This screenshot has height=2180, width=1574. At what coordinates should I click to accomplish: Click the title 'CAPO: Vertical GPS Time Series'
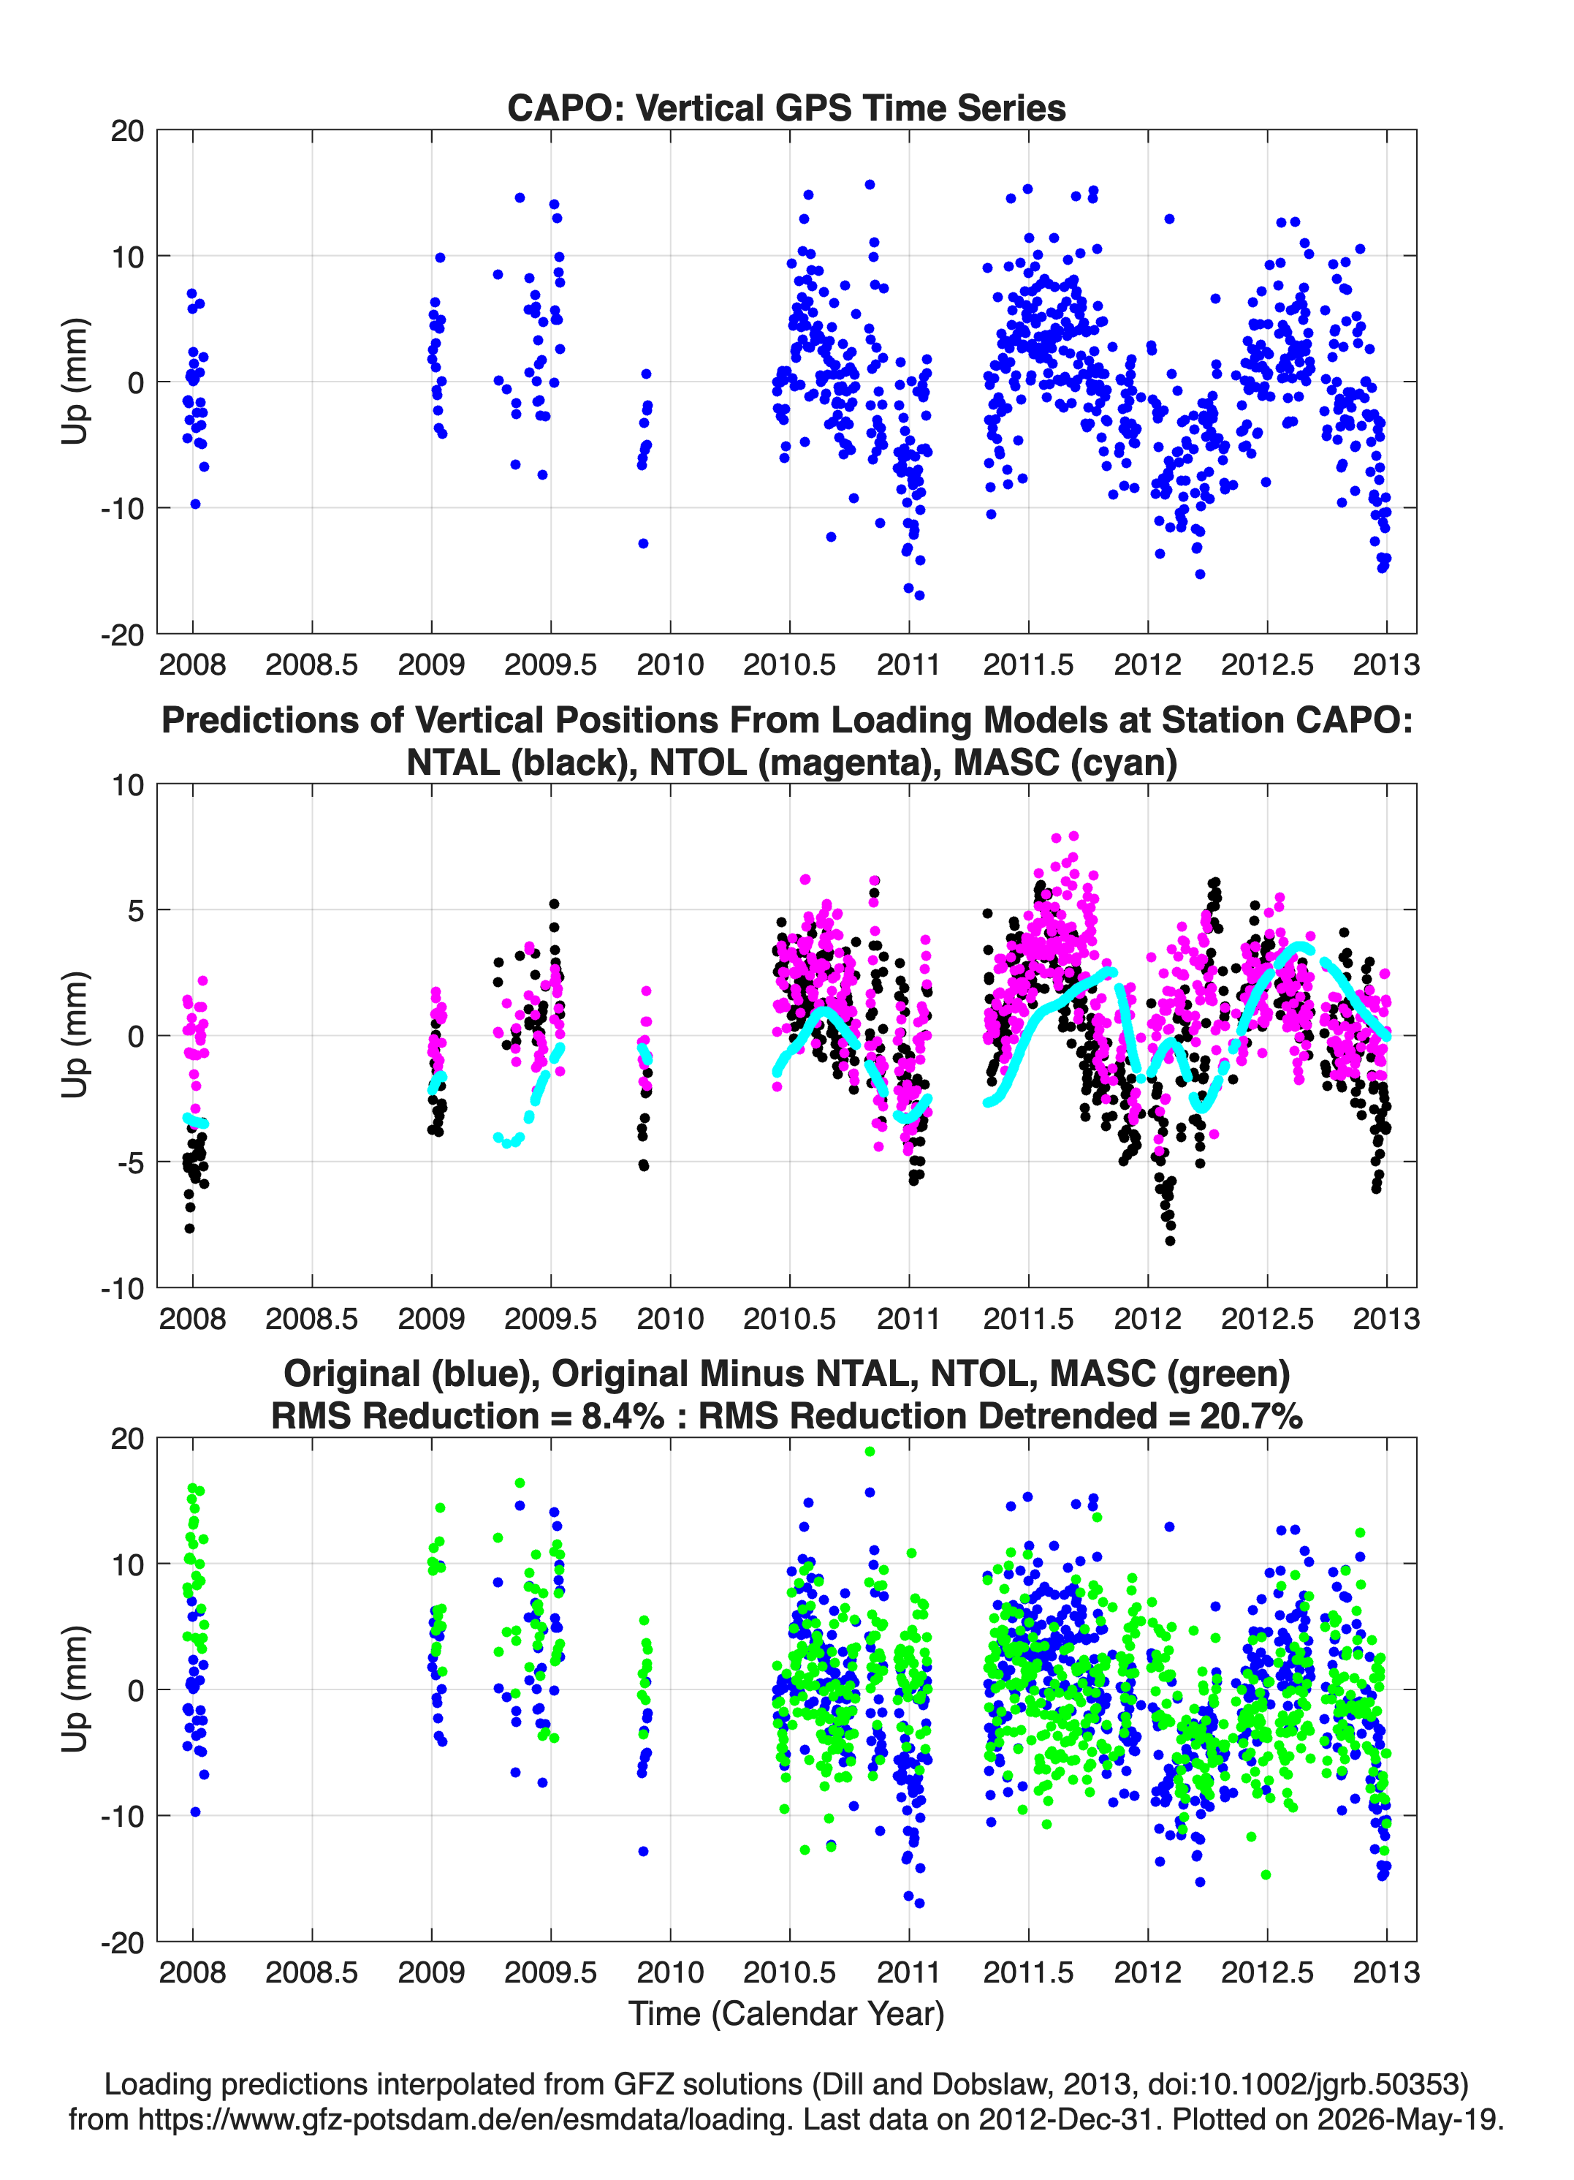pos(786,107)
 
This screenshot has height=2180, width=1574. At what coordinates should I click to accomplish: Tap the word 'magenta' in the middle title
pos(829,762)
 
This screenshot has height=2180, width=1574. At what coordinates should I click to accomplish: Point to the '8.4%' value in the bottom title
pos(622,1416)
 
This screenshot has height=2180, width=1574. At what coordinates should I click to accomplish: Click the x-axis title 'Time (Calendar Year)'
pos(786,2013)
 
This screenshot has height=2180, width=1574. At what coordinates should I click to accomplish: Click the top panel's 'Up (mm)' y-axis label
pos(75,382)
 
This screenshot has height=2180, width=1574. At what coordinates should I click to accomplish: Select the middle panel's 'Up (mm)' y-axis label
pos(75,1035)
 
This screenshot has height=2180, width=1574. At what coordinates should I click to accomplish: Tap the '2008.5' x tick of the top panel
pos(311,665)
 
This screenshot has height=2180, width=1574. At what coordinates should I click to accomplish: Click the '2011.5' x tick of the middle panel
pos(1028,1318)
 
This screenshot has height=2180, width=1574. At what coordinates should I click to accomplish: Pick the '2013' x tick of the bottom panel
pos(1385,1972)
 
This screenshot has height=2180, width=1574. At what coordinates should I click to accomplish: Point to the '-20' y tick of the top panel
pos(122,635)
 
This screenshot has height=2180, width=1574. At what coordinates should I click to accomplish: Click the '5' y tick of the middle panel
pos(135,910)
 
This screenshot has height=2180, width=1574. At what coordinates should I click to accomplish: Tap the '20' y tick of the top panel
pos(128,131)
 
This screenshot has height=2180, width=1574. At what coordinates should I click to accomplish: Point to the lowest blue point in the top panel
pos(919,596)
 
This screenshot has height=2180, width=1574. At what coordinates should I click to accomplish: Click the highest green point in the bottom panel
pos(870,1451)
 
